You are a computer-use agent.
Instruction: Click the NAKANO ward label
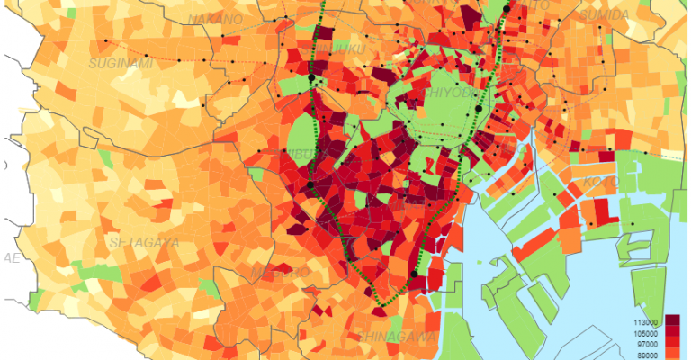216,19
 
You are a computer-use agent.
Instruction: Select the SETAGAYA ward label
143,242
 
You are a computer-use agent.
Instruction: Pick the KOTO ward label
601,181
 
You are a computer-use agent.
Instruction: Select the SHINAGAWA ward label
397,335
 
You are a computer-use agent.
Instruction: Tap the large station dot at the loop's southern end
413,274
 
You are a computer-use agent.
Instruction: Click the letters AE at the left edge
12,257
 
